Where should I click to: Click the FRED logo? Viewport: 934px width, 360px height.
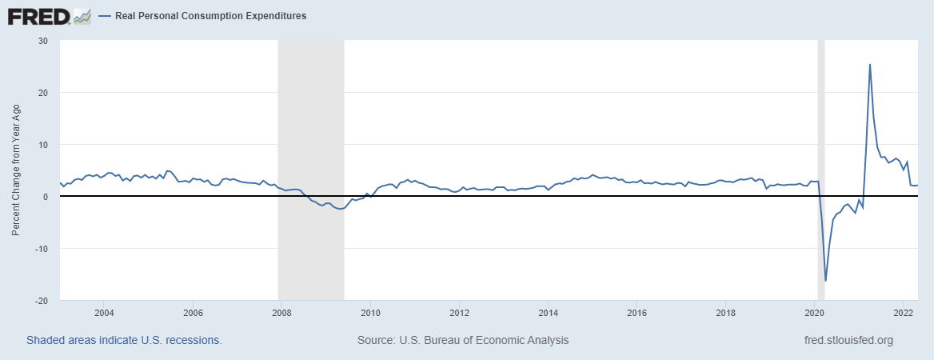pos(38,15)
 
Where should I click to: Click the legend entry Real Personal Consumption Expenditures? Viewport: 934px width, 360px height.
pos(210,16)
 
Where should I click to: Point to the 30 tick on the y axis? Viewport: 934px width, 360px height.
pos(42,41)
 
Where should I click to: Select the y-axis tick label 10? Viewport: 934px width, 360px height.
pos(42,145)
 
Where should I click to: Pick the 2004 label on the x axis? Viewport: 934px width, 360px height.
pos(103,312)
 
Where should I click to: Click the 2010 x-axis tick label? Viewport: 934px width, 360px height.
pos(370,312)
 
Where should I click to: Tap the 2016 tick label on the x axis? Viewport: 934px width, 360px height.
pos(637,312)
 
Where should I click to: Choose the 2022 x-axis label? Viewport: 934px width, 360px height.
pos(903,312)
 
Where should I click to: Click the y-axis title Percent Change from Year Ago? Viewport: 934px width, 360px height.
pos(15,170)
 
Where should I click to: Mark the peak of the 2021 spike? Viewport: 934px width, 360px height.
pos(869,64)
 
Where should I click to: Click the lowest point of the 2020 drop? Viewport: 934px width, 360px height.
pos(825,281)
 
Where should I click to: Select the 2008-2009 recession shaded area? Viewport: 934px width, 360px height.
pos(310,120)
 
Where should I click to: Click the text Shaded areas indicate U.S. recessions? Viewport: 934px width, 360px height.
pos(124,340)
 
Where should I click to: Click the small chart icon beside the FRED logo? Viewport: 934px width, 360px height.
pos(82,15)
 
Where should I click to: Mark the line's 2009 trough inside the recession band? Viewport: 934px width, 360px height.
pos(340,209)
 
